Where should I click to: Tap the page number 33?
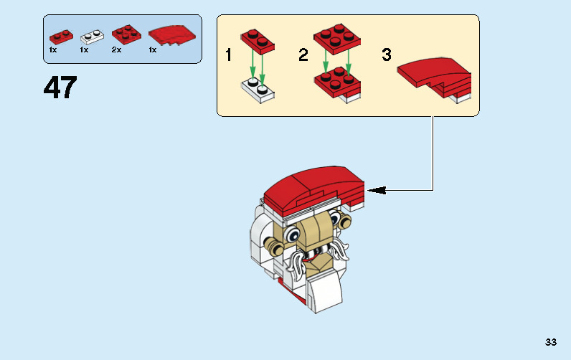(550, 342)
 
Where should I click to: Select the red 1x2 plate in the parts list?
(61, 34)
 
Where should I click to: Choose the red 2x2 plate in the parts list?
(126, 33)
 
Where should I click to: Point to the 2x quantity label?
(116, 50)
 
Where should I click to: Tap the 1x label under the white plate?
(84, 50)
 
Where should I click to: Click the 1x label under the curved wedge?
(153, 50)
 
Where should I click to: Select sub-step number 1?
(229, 55)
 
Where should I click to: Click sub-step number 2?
(303, 55)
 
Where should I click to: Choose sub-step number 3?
(387, 55)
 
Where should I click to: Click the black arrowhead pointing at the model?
(377, 190)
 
